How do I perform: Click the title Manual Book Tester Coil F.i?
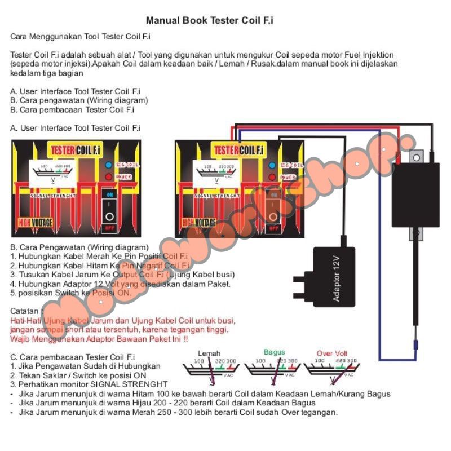coord(210,21)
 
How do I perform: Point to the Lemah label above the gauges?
coord(209,353)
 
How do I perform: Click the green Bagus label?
coord(275,352)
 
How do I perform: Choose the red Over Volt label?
coord(332,353)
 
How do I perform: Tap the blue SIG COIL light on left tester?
coord(108,165)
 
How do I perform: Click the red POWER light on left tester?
coord(108,177)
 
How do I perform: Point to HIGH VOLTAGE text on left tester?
coord(36,223)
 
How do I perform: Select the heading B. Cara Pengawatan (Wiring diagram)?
coord(79,247)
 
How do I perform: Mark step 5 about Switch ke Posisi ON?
coord(70,293)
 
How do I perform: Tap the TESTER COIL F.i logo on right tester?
coord(238,151)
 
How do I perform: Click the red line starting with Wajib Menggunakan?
coord(99,339)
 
